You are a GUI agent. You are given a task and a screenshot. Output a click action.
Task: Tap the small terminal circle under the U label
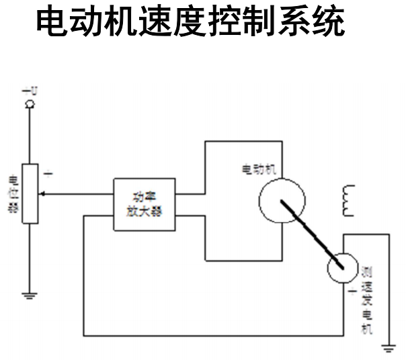coord(29,103)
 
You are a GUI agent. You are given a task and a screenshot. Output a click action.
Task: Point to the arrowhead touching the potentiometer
coord(38,194)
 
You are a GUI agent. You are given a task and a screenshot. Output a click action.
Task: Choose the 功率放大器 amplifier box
coord(145,204)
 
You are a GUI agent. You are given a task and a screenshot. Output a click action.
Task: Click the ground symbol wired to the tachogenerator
coord(388,347)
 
